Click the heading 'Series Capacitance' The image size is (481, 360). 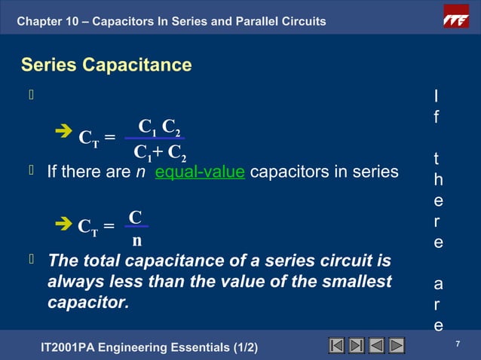[106, 66]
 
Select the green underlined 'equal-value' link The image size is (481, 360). [200, 172]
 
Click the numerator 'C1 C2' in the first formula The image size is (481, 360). [159, 125]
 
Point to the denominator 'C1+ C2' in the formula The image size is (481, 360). [159, 152]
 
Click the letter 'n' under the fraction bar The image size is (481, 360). [136, 241]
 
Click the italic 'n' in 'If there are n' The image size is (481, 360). [139, 172]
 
